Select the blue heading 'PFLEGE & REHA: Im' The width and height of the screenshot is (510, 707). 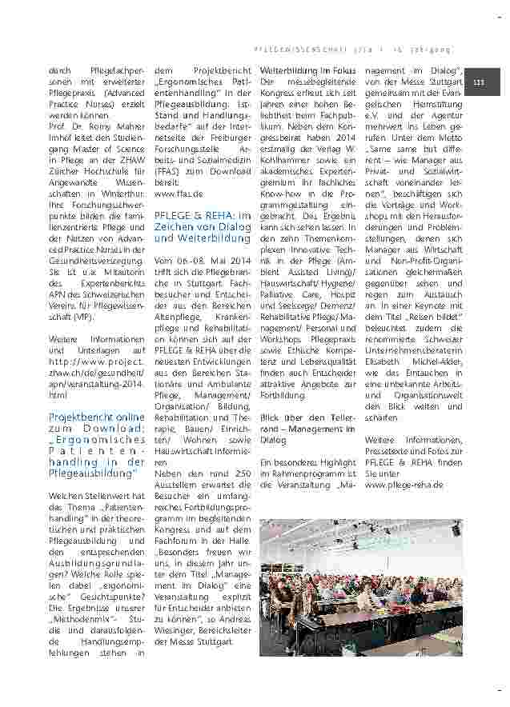click(x=203, y=216)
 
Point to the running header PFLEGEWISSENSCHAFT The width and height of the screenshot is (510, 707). click(x=300, y=49)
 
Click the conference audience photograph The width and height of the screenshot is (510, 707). click(x=361, y=587)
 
